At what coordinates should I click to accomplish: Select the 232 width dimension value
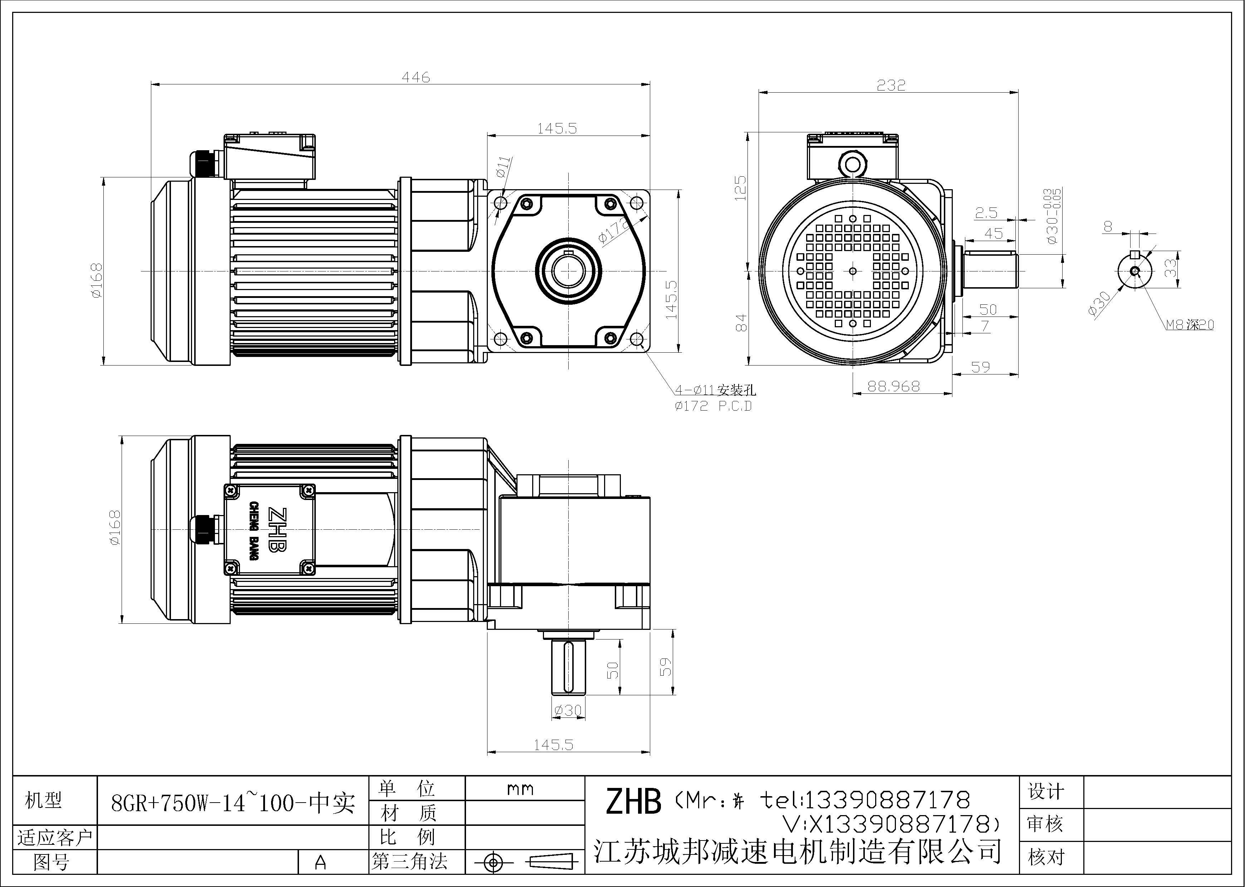point(891,85)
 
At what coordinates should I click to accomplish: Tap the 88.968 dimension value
point(894,386)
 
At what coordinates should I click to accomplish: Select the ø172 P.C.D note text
point(713,406)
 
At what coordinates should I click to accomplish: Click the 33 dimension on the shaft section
point(1170,268)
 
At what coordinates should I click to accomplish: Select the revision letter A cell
point(321,862)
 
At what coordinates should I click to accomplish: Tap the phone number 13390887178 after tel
point(886,800)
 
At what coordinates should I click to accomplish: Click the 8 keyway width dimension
point(1108,226)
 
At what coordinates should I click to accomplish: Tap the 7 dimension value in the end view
point(985,326)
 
